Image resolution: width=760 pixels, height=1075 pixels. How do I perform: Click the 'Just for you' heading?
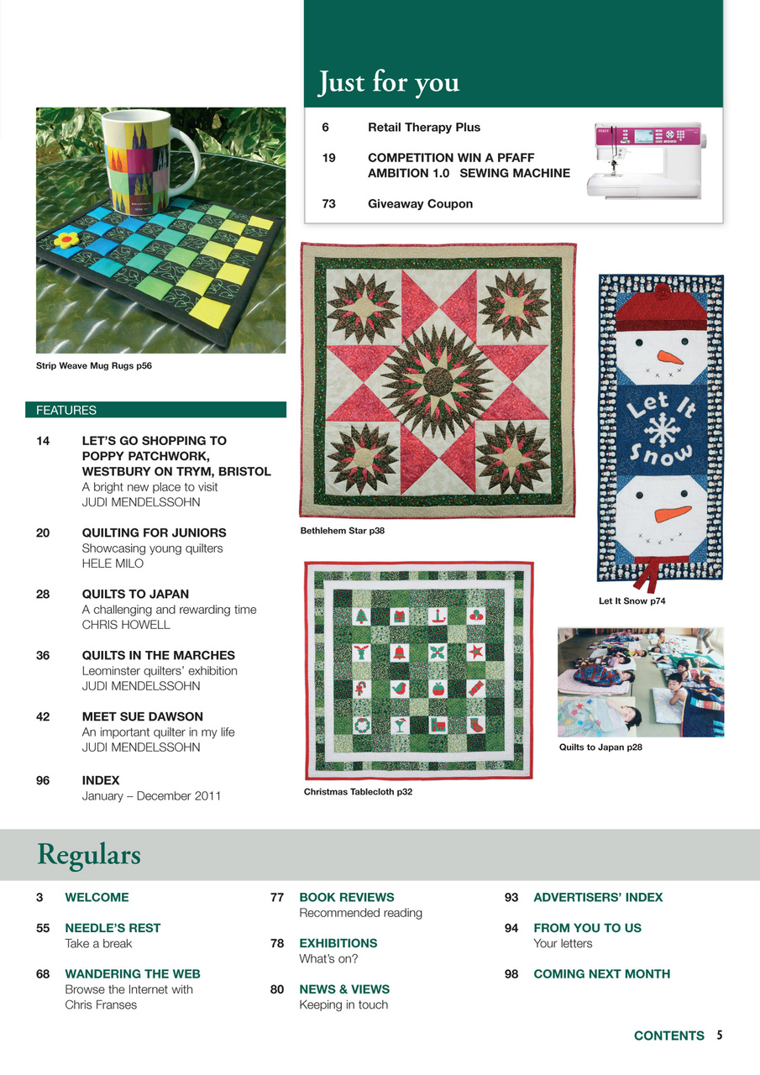pyautogui.click(x=388, y=82)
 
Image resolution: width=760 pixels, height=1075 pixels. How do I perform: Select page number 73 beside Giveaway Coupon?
pyautogui.click(x=328, y=203)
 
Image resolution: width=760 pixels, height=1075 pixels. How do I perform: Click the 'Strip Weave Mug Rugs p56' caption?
pyautogui.click(x=94, y=366)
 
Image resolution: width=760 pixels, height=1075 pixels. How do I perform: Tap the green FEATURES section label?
pyautogui.click(x=66, y=411)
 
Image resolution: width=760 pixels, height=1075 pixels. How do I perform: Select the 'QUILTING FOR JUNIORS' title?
pyautogui.click(x=154, y=532)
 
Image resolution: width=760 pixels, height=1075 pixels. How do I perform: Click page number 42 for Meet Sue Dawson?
pyautogui.click(x=43, y=716)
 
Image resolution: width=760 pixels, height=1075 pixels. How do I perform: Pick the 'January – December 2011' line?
pyautogui.click(x=151, y=795)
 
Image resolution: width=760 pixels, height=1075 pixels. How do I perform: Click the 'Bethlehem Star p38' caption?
pyautogui.click(x=343, y=531)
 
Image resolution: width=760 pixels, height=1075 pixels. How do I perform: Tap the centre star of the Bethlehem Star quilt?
pyautogui.click(x=438, y=380)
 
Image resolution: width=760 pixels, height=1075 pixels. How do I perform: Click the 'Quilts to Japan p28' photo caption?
pyautogui.click(x=600, y=747)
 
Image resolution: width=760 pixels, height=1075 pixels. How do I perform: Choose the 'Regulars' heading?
pyautogui.click(x=88, y=855)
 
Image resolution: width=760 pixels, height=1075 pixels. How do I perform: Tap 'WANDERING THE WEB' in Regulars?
pyautogui.click(x=133, y=974)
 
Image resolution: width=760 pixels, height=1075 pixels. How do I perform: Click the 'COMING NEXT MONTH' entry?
pyautogui.click(x=601, y=974)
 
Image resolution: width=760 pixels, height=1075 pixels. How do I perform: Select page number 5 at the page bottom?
pyautogui.click(x=720, y=1036)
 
